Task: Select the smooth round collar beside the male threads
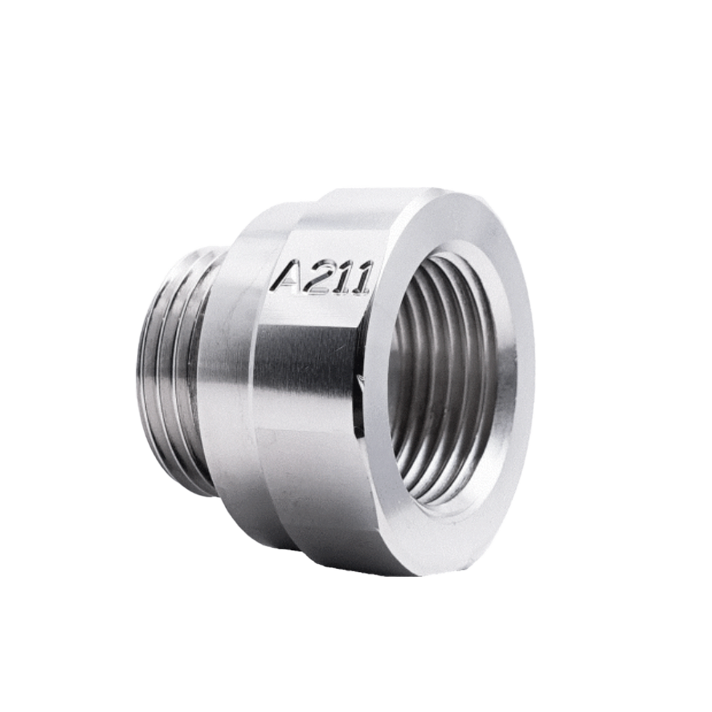click(227, 377)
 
